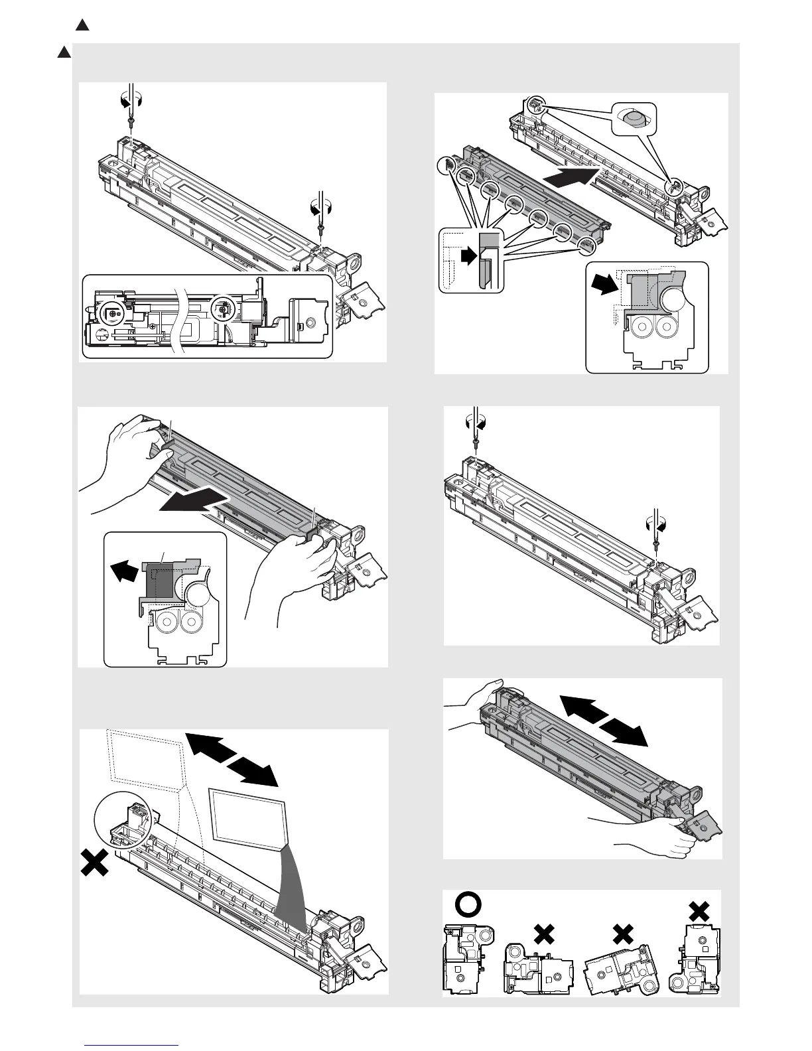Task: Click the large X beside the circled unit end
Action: [x=94, y=864]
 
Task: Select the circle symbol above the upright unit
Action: [x=467, y=904]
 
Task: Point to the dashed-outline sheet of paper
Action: [x=145, y=760]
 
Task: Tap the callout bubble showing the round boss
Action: [x=633, y=120]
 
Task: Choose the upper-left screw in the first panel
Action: [x=131, y=120]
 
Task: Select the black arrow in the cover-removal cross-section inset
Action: [x=122, y=569]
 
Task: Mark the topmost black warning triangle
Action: [x=82, y=26]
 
